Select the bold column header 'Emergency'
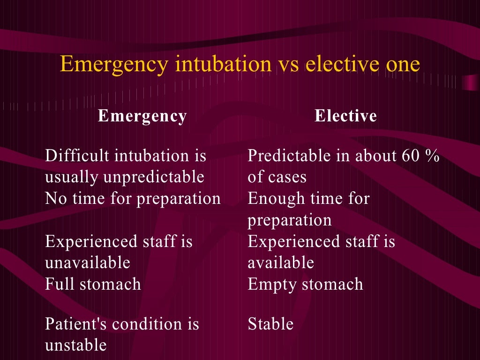coord(142,116)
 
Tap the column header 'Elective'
coord(345,116)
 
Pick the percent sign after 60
coord(432,156)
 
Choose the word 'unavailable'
coord(87,263)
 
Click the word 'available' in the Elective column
coord(280,263)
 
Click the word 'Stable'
coord(270,324)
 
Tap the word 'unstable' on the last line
coord(75,346)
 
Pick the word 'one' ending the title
coord(403,64)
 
